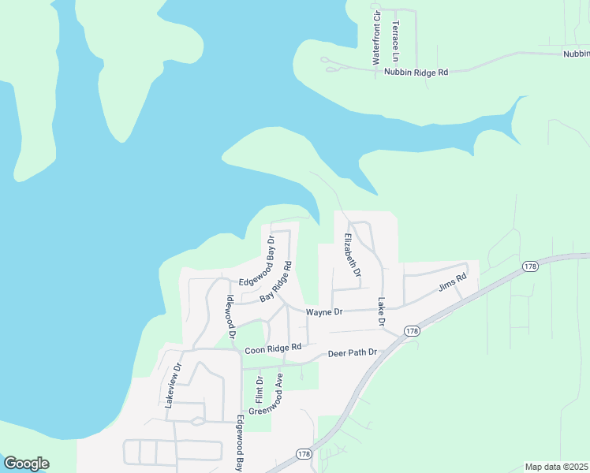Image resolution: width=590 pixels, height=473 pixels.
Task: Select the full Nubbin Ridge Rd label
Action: [416, 72]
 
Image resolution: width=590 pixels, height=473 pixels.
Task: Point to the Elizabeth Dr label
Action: [352, 255]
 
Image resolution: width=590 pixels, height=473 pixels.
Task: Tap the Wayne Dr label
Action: [324, 312]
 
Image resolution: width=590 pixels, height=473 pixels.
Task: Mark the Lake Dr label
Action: [380, 312]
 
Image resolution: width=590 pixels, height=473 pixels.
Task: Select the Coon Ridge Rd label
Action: [274, 348]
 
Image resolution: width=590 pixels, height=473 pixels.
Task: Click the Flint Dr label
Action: [259, 389]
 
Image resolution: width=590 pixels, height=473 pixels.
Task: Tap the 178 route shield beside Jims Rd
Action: [530, 268]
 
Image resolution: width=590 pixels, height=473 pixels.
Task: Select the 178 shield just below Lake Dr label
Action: [411, 331]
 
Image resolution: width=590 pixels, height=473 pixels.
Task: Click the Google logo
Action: [26, 464]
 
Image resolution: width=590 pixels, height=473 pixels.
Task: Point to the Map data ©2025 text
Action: [556, 467]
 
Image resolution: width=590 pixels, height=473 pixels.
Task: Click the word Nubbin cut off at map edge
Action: [576, 54]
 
